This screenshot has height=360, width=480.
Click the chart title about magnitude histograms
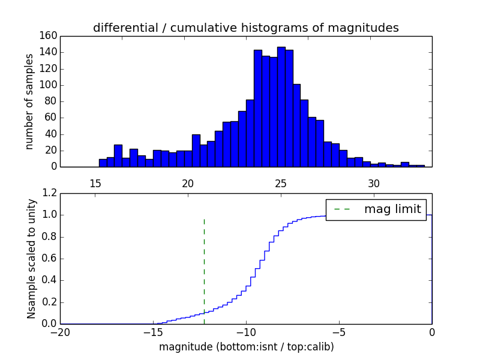coord(245,28)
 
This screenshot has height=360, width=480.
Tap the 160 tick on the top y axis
coord(50,36)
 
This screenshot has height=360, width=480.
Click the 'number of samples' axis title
coord(29,101)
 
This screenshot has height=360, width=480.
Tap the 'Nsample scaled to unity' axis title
coord(31,259)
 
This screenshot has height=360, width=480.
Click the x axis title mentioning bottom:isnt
coord(246,347)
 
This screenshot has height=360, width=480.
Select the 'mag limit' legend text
coord(392,209)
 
